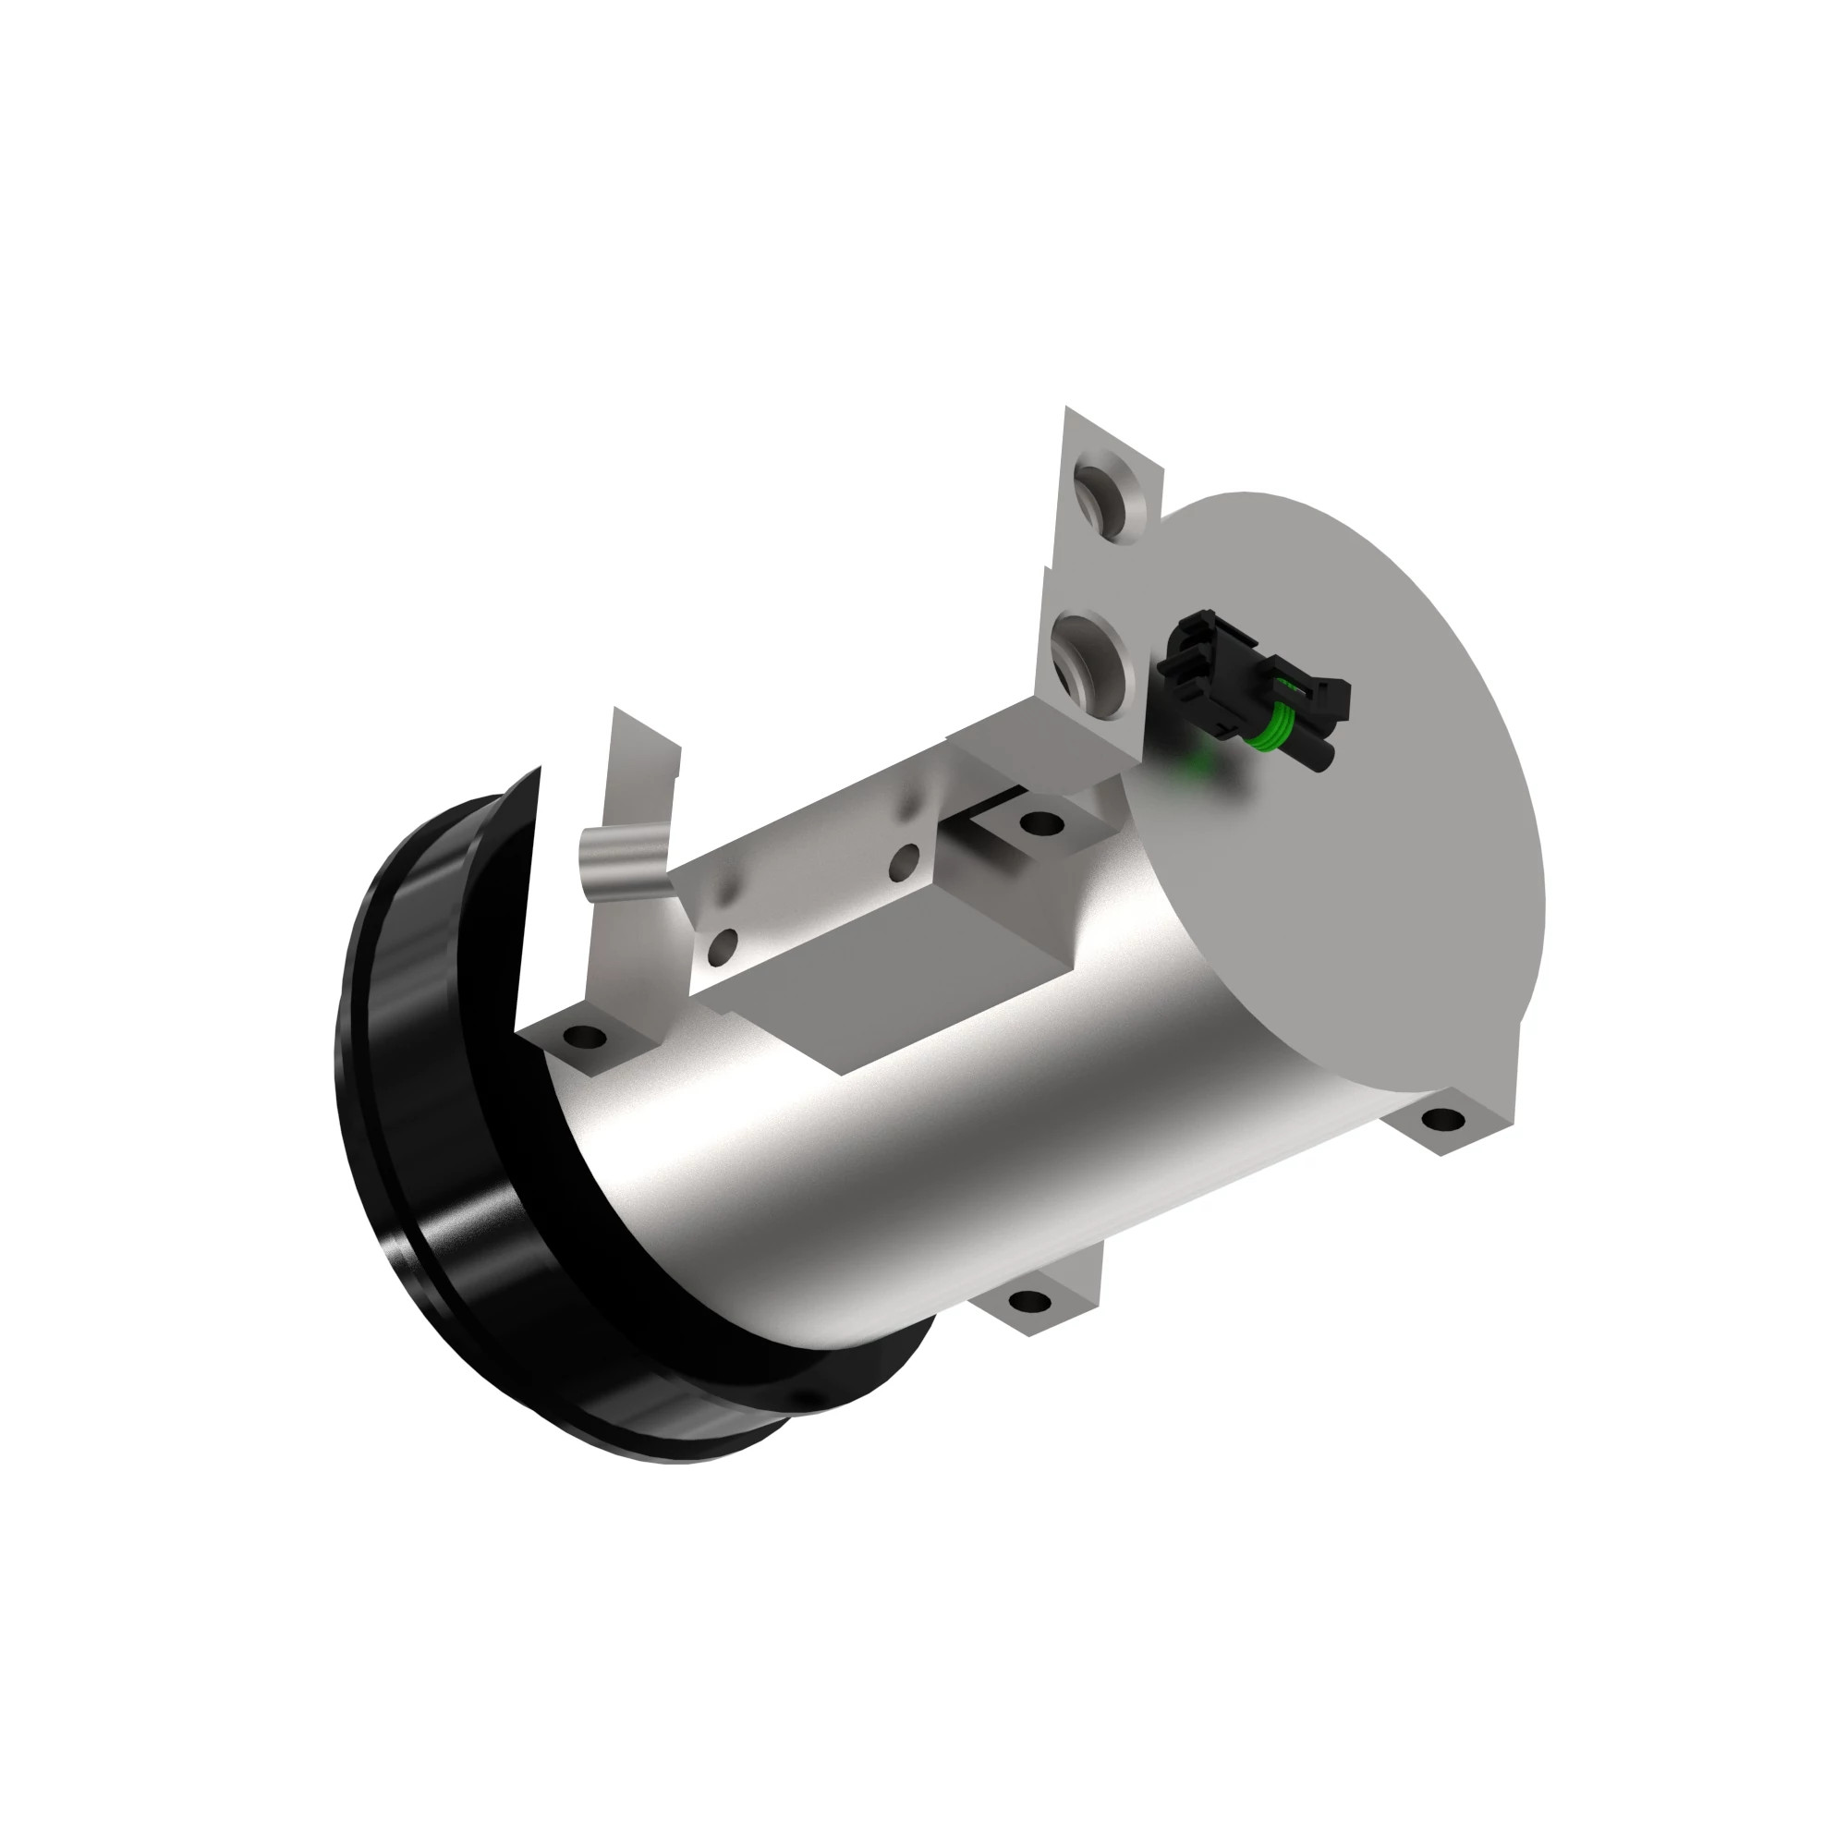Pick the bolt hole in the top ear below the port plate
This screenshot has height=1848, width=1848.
(1041, 821)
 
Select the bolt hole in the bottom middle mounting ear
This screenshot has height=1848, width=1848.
(1028, 1301)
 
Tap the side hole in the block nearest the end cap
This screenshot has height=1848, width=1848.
(903, 863)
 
